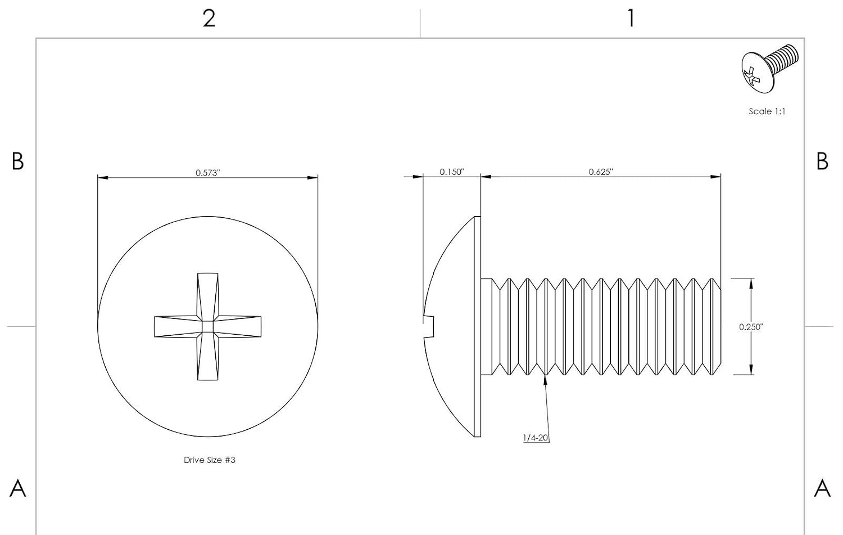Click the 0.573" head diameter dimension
click(x=207, y=173)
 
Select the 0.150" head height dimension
click(x=452, y=172)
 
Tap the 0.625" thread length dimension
click(x=601, y=172)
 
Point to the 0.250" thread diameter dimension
click(x=751, y=327)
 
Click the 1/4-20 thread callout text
click(x=536, y=438)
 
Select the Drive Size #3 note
click(x=209, y=460)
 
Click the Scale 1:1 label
click(x=767, y=111)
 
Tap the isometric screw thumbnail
click(x=769, y=68)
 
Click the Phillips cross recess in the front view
click(x=208, y=327)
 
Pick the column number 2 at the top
click(x=209, y=18)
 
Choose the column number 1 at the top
click(x=631, y=18)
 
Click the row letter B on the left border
click(x=17, y=161)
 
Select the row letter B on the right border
click(x=822, y=161)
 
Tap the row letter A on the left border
click(x=17, y=488)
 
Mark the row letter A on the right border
click(x=822, y=488)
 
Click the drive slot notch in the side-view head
click(x=429, y=327)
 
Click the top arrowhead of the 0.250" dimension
click(x=751, y=284)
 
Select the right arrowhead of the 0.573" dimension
click(x=312, y=177)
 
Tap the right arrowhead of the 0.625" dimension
click(x=716, y=176)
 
